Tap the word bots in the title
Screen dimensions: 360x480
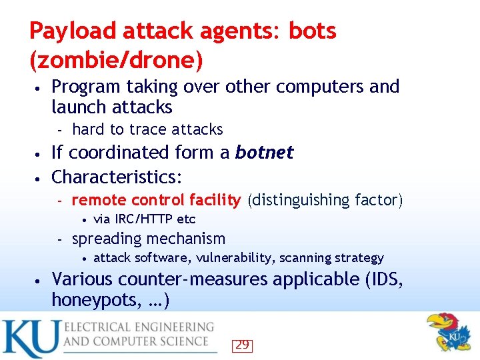312,31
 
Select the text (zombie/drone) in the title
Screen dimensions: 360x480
116,61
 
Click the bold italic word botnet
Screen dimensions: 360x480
264,153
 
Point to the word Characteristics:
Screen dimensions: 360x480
117,177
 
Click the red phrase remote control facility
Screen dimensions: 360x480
156,200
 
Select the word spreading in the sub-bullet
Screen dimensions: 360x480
105,239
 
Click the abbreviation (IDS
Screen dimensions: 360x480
383,279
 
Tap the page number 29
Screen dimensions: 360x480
242,345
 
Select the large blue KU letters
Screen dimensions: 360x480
31,339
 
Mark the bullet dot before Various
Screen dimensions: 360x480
41,280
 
